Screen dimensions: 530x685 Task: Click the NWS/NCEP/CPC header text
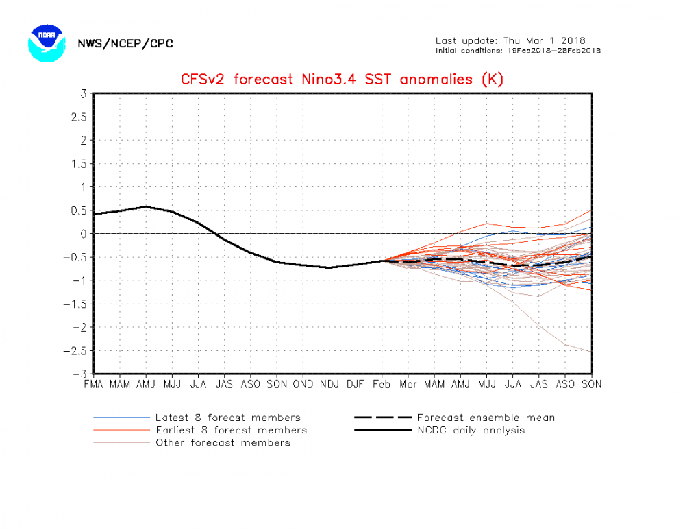tap(125, 44)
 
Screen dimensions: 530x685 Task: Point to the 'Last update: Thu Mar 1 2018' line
tap(510, 40)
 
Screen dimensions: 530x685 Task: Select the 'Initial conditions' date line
tap(518, 51)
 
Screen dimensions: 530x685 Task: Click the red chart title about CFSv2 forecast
tap(342, 79)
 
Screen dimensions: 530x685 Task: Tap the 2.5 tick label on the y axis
tap(79, 117)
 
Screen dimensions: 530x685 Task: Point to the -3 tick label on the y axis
tap(81, 374)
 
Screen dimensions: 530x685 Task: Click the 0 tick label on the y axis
tap(83, 234)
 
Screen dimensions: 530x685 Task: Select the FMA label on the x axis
tap(93, 385)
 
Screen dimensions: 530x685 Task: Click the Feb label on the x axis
tap(382, 385)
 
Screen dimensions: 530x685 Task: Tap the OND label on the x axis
tap(303, 385)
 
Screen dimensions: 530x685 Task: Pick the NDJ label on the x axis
tap(329, 385)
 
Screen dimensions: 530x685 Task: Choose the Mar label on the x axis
tap(408, 385)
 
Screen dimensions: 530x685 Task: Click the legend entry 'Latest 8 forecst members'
tap(227, 418)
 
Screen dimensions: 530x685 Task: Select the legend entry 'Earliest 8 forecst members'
tap(231, 430)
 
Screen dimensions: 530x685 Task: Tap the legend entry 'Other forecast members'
tap(223, 442)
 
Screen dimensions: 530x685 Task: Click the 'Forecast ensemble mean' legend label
tap(486, 418)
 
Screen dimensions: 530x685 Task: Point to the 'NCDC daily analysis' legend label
tap(471, 430)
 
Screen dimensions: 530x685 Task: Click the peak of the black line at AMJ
tap(145, 206)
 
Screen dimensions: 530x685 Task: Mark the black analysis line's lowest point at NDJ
tap(329, 267)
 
